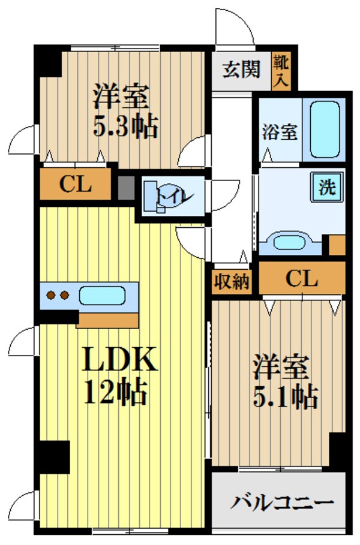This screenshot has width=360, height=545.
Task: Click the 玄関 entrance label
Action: point(242,70)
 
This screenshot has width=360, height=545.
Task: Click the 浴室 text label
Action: point(280,131)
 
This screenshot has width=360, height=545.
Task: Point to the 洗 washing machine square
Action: point(326,187)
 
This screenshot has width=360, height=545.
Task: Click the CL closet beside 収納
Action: point(301,279)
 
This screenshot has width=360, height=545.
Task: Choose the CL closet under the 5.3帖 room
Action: point(75,184)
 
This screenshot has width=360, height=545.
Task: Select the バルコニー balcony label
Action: point(282,502)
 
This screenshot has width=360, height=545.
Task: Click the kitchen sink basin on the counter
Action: point(101,296)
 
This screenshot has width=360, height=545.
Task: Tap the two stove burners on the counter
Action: point(56,295)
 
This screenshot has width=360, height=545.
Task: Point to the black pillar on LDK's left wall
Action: point(52,456)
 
